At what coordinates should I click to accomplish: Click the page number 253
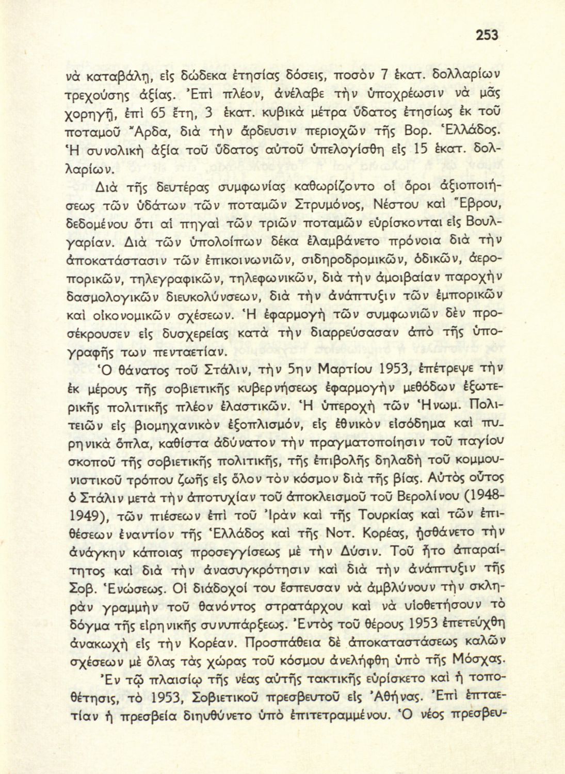485,35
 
